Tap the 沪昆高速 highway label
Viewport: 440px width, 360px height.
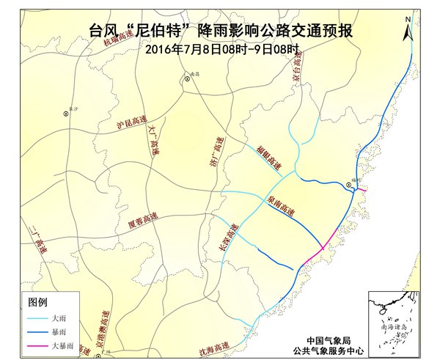point(132,122)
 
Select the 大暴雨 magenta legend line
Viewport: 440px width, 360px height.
point(37,345)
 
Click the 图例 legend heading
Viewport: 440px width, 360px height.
point(37,302)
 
